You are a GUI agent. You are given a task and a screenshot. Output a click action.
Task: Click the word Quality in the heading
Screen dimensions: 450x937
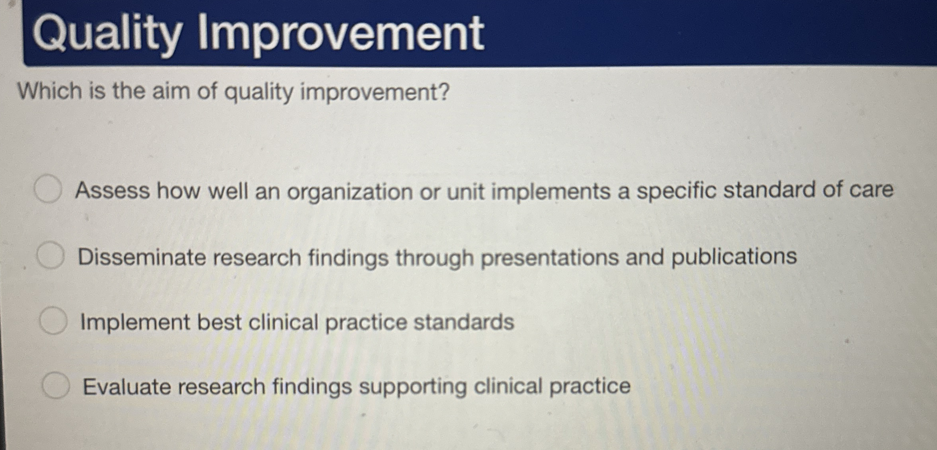point(107,34)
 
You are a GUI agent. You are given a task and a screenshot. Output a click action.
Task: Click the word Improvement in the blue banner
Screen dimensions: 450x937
point(340,34)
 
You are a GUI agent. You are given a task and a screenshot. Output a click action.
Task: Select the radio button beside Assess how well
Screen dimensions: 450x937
point(48,189)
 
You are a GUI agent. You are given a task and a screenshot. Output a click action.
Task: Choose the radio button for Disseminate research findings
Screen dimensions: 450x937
point(50,256)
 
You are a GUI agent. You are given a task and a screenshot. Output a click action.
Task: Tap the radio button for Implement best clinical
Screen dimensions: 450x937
point(53,321)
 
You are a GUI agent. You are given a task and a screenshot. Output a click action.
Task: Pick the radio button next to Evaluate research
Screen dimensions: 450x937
point(56,385)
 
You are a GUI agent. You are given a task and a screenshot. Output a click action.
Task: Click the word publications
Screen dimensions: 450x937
point(734,257)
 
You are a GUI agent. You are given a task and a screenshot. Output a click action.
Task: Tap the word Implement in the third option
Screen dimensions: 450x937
point(135,322)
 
